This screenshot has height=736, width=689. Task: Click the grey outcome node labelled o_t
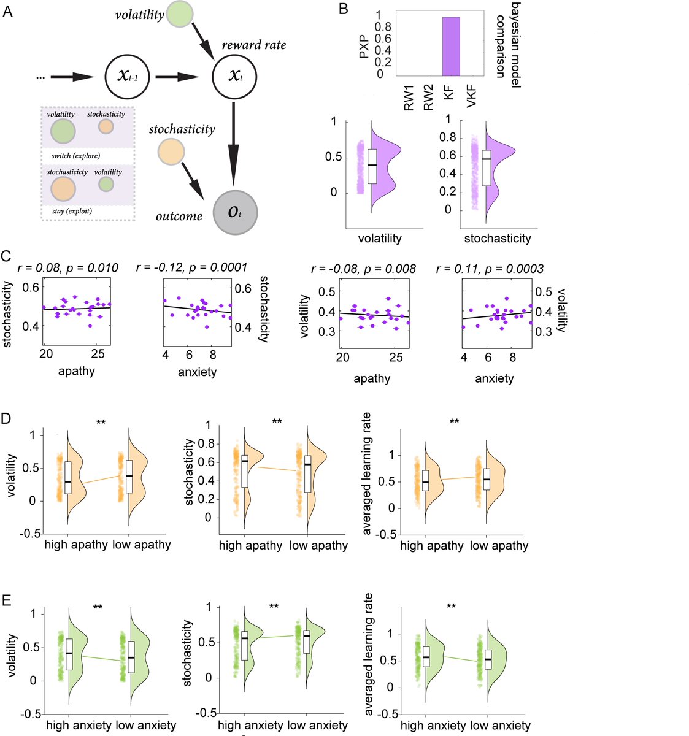coord(235,212)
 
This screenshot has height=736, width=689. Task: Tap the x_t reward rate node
coord(234,77)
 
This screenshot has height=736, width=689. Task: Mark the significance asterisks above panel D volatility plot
coord(101,421)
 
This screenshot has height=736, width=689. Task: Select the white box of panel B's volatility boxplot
coord(372,166)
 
